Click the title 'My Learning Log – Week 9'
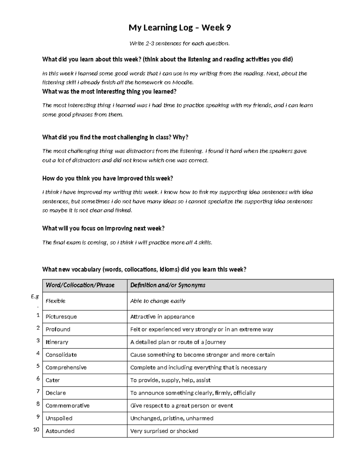(x=180, y=28)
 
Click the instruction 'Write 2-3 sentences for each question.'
(x=179, y=44)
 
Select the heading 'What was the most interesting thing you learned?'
(x=109, y=92)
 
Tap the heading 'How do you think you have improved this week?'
(x=108, y=179)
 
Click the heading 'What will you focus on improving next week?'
(x=103, y=229)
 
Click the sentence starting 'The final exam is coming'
(x=127, y=242)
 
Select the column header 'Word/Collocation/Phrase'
(x=80, y=285)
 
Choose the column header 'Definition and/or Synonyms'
(x=168, y=285)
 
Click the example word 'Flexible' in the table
(x=55, y=301)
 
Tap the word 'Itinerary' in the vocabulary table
(x=57, y=342)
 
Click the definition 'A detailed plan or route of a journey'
(x=178, y=342)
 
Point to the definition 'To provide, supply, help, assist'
(x=170, y=380)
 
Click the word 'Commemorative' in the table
(x=67, y=406)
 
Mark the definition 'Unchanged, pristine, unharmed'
(x=172, y=418)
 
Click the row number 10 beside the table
(x=36, y=430)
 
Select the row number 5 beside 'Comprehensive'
(x=38, y=366)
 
